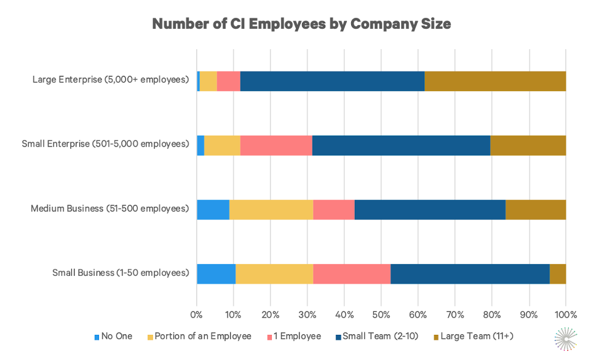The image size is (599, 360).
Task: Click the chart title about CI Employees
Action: click(301, 24)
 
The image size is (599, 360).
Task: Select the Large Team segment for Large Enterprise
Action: click(495, 81)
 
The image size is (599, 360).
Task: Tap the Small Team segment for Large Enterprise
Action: click(332, 81)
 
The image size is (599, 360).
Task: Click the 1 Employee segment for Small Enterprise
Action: click(276, 145)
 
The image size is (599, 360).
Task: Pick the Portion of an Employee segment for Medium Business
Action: click(271, 210)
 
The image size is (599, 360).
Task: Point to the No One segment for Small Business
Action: click(216, 274)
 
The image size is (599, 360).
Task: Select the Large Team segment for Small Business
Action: click(557, 274)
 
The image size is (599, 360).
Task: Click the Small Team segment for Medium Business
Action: click(430, 210)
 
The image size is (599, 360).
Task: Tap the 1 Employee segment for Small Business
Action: click(352, 274)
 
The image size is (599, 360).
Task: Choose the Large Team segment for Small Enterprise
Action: click(528, 145)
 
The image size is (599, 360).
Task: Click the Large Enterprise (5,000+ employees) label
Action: click(111, 80)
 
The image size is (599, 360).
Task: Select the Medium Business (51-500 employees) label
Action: click(109, 209)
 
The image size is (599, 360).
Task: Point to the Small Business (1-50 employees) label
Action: click(121, 273)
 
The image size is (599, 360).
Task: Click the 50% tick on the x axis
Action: click(381, 314)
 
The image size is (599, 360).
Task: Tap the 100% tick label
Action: click(565, 314)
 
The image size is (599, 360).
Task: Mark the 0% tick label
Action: click(197, 314)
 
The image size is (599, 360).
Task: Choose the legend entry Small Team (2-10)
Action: click(379, 336)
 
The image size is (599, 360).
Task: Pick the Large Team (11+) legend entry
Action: click(477, 336)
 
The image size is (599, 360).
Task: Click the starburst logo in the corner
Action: click(566, 339)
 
